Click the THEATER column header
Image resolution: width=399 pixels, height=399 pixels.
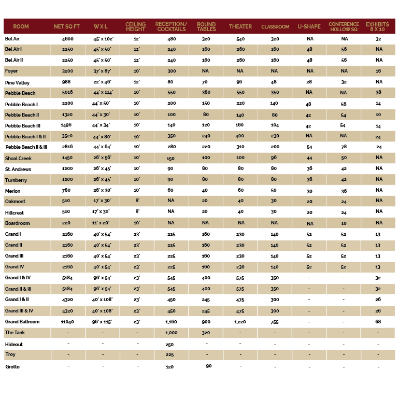(240, 26)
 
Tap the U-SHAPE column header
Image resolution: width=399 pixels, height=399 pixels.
(309, 26)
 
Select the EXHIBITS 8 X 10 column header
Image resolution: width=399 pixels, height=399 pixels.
(377, 27)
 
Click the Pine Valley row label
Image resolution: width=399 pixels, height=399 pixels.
(17, 83)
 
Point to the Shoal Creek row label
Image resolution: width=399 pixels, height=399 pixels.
(18, 158)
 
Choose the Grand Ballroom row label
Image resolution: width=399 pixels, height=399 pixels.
(22, 322)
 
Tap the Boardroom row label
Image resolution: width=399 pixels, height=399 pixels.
(17, 223)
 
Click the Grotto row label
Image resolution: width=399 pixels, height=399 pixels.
(12, 367)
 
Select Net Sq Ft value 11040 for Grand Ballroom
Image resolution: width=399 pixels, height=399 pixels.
(67, 322)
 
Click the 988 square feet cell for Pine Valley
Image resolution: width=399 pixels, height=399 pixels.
(66, 82)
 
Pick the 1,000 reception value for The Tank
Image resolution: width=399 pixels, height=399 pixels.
(171, 333)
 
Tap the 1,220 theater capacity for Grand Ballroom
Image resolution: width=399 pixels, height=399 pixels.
(240, 322)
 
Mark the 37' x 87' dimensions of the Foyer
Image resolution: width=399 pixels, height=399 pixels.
(102, 71)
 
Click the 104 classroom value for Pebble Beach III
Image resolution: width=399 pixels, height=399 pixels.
(274, 125)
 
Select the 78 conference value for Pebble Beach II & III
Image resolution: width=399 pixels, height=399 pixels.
(344, 147)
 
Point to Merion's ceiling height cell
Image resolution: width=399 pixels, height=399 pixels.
(137, 190)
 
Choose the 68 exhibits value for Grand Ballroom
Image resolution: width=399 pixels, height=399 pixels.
(378, 322)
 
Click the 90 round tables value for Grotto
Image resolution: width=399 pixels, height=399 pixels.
(209, 366)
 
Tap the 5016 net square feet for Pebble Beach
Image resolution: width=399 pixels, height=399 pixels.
(67, 92)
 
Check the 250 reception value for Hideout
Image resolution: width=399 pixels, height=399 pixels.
(169, 345)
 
